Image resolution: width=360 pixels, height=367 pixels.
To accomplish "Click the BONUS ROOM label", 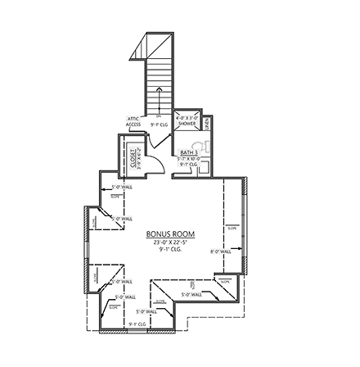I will pyautogui.click(x=170, y=234).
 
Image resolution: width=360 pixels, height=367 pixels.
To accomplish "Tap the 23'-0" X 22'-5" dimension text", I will pyautogui.click(x=170, y=242).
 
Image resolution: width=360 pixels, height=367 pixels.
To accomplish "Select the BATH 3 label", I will pyautogui.click(x=189, y=153).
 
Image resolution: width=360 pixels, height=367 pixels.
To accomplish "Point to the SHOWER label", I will pyautogui.click(x=187, y=123).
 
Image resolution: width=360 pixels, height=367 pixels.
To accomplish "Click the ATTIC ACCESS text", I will pyautogui.click(x=133, y=121).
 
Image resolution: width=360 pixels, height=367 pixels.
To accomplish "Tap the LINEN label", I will pyautogui.click(x=208, y=123).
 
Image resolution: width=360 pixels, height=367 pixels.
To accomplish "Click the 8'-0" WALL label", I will pyautogui.click(x=221, y=251).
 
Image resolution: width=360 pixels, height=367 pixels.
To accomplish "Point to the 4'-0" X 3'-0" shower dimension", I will pyautogui.click(x=187, y=117).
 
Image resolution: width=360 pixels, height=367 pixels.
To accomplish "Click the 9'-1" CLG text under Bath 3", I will pyautogui.click(x=189, y=164).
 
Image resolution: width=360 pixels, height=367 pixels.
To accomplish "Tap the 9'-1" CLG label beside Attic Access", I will pyautogui.click(x=159, y=125).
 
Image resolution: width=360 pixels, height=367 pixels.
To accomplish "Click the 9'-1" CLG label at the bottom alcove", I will pyautogui.click(x=137, y=324).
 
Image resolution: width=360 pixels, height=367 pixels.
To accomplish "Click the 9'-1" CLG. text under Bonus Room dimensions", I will pyautogui.click(x=170, y=248).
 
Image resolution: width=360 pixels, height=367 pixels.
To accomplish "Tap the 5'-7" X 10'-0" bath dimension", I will pyautogui.click(x=189, y=159).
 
